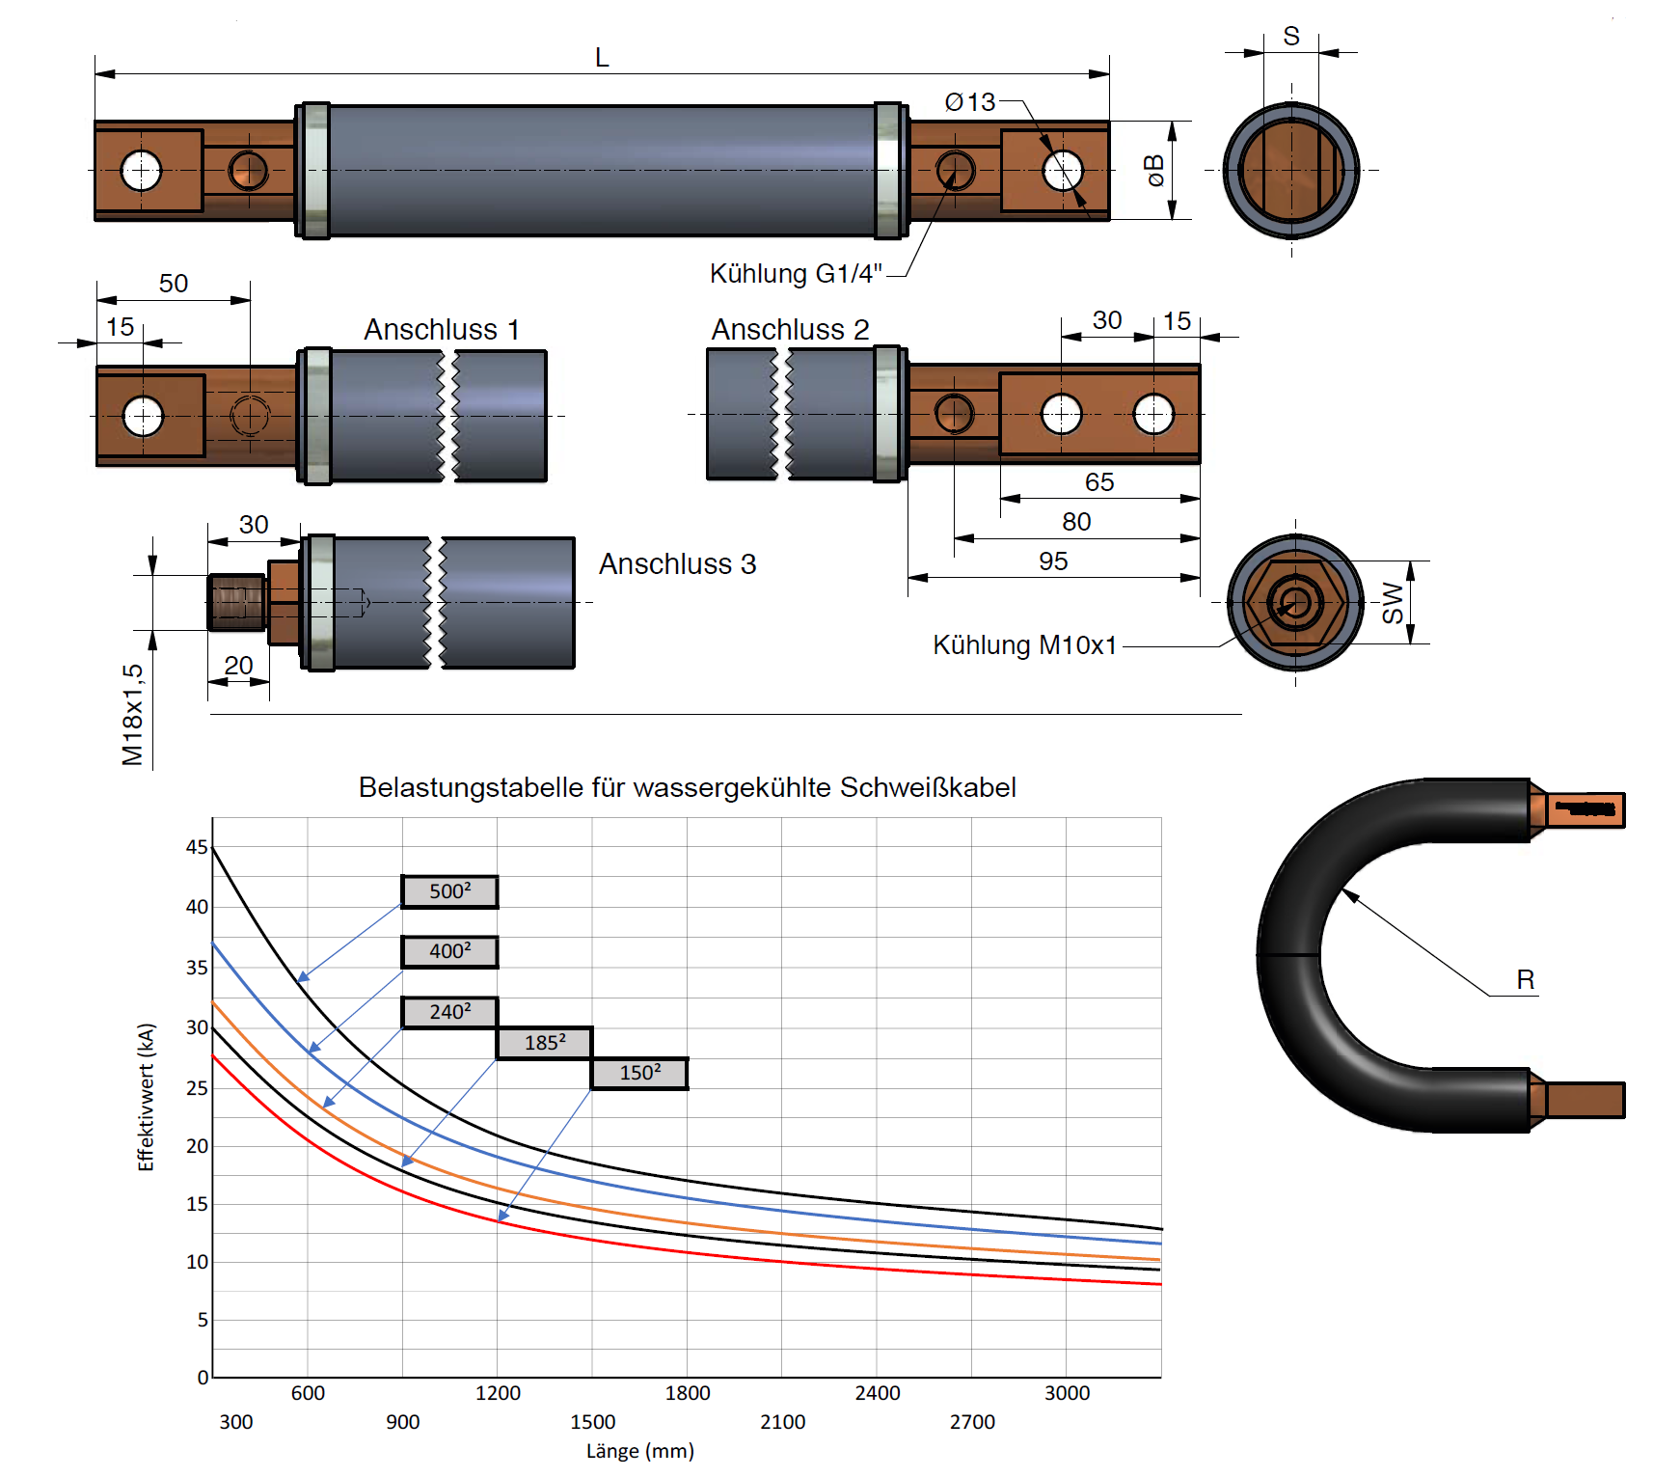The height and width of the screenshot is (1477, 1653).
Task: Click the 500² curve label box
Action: coord(449,891)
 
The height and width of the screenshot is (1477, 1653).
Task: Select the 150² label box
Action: coord(639,1073)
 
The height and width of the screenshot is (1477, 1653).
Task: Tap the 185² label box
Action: coord(545,1043)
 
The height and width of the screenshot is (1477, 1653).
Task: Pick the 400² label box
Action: coord(449,951)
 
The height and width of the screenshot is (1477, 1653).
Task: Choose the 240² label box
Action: coord(449,1012)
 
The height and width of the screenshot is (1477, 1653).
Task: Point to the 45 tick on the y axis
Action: coord(197,847)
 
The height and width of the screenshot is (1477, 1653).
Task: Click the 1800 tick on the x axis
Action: coord(688,1393)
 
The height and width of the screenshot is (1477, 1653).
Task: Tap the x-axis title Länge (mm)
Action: coord(640,1451)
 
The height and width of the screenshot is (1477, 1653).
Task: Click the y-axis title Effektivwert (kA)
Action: coord(146,1097)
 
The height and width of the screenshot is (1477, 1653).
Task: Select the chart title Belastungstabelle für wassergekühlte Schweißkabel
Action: coord(687,787)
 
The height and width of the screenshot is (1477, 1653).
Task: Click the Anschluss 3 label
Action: coord(677,564)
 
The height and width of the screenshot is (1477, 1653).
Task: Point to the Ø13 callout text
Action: coord(970,102)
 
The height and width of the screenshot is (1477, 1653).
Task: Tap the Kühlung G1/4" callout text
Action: coord(796,274)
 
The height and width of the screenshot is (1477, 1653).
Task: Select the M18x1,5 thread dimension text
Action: coord(133,714)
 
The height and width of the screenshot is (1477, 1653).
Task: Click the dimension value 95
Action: coord(1053,561)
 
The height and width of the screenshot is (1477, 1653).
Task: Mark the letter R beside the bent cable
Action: coord(1525,980)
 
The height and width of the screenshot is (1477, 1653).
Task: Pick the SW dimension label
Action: coord(1393,602)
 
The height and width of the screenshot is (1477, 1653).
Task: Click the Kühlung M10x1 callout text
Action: coord(1024,645)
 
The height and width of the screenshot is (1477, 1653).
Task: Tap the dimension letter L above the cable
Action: coord(602,58)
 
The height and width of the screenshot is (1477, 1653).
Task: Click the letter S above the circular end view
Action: coord(1291,37)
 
